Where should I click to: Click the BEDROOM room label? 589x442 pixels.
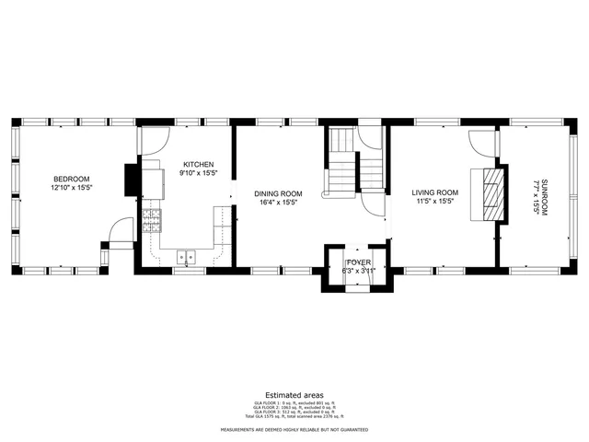(71, 179)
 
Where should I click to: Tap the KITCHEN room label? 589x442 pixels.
(198, 165)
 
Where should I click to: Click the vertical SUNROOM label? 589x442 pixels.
(544, 188)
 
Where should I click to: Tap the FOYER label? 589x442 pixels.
(357, 262)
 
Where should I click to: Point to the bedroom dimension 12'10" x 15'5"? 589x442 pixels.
(71, 188)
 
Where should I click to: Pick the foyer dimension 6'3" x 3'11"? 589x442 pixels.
(357, 272)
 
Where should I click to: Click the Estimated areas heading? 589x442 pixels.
(294, 394)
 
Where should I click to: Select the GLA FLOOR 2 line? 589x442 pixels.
(294, 407)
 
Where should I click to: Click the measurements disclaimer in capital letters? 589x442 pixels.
(294, 430)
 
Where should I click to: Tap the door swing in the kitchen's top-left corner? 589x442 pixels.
(155, 139)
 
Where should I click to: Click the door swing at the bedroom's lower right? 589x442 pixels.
(121, 231)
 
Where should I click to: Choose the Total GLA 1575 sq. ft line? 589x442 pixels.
(294, 417)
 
